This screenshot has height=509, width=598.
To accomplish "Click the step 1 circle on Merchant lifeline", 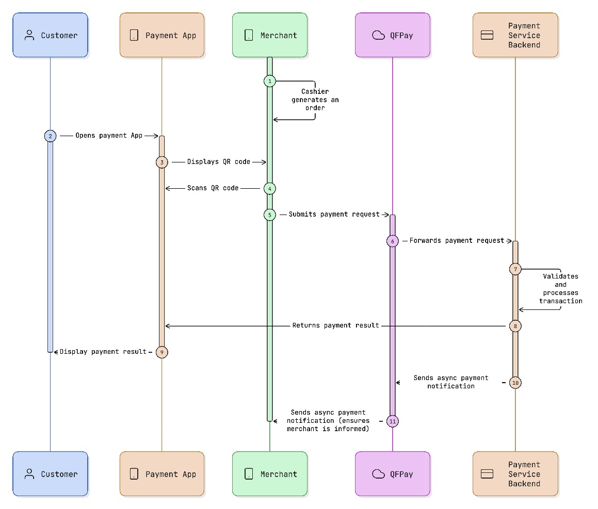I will pyautogui.click(x=269, y=81).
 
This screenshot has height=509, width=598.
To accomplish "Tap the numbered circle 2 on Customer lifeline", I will pyautogui.click(x=50, y=136).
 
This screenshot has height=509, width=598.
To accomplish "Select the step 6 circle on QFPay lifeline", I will pyautogui.click(x=392, y=241).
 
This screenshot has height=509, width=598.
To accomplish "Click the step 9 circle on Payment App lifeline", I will pyautogui.click(x=161, y=352).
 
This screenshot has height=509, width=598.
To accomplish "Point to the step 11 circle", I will pyautogui.click(x=392, y=421).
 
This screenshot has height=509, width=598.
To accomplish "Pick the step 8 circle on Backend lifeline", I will pyautogui.click(x=515, y=326).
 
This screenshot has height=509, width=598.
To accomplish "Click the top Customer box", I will pyautogui.click(x=51, y=35).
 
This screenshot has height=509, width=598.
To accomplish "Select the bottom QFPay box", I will pyautogui.click(x=392, y=474).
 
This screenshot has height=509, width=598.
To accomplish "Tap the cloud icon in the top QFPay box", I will pyautogui.click(x=379, y=35).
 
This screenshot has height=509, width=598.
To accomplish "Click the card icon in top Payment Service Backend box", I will pyautogui.click(x=487, y=35).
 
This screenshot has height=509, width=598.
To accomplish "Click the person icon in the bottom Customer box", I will pyautogui.click(x=29, y=474).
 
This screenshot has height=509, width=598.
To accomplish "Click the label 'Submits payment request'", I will pyautogui.click(x=334, y=214).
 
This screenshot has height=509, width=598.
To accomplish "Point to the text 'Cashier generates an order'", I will pyautogui.click(x=315, y=100).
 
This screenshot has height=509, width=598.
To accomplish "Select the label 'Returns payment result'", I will pyautogui.click(x=335, y=325).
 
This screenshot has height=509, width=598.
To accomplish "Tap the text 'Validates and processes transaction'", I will pyautogui.click(x=560, y=289).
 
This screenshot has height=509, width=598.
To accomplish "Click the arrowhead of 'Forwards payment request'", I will pyautogui.click(x=509, y=241).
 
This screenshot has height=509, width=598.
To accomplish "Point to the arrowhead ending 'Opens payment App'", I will pyautogui.click(x=155, y=136).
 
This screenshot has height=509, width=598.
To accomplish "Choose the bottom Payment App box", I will pyautogui.click(x=162, y=474).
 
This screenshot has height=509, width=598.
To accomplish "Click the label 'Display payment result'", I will pyautogui.click(x=103, y=352).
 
